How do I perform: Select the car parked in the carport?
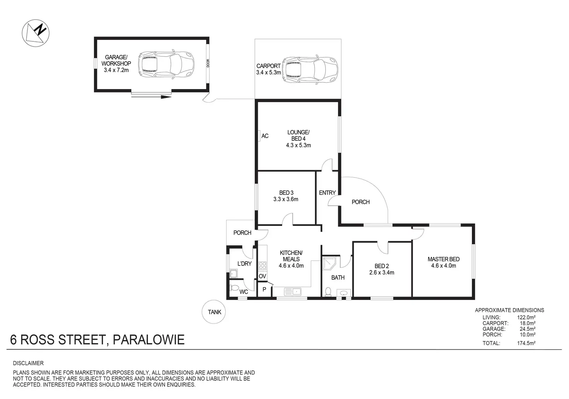(310, 70)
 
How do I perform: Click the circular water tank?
(214, 312)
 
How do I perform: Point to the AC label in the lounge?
(265, 136)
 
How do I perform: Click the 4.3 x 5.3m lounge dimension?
(298, 146)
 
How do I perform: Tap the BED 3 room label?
(286, 193)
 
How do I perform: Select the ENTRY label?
(327, 193)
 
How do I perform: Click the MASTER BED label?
(443, 259)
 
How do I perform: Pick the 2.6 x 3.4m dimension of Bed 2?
(382, 272)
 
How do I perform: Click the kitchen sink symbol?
(292, 291)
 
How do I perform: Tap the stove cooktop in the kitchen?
(262, 265)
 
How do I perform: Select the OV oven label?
(262, 276)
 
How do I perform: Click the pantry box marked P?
(264, 289)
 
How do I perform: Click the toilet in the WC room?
(234, 288)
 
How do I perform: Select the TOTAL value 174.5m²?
(526, 343)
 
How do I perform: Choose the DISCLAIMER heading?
(28, 363)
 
